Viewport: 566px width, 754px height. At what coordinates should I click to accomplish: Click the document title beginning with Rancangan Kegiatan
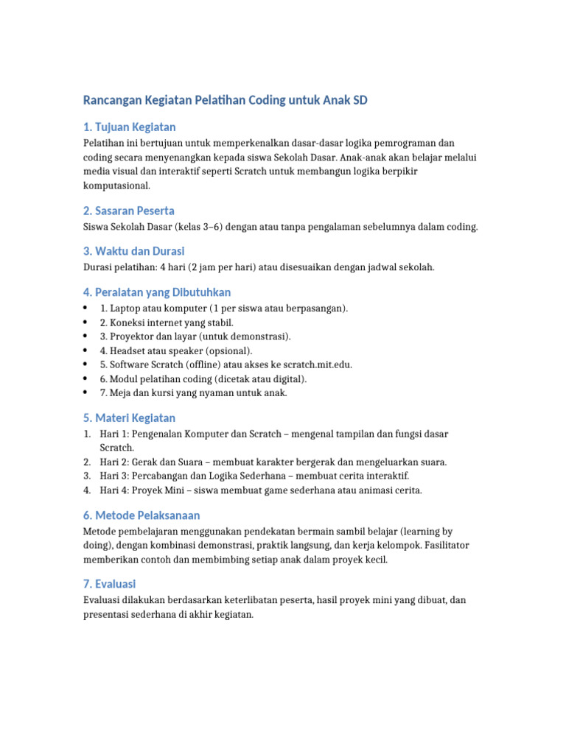tap(225, 100)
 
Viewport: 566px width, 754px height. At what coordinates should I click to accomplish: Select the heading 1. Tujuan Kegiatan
tap(129, 127)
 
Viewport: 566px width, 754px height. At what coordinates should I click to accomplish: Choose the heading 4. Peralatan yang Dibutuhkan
tap(156, 292)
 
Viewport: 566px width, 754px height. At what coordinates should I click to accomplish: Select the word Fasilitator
tap(443, 545)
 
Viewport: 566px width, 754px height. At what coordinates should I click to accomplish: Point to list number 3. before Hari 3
tap(87, 476)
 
